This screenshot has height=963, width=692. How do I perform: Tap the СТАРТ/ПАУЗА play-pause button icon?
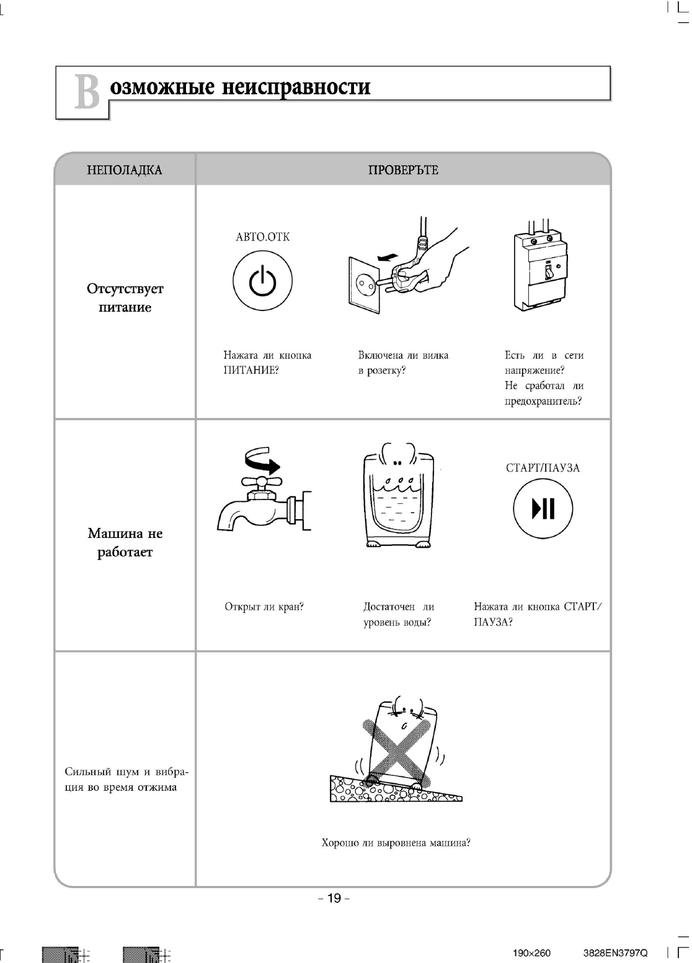click(543, 509)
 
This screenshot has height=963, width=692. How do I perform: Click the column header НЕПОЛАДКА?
click(125, 170)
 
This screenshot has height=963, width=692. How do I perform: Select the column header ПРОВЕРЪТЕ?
click(403, 170)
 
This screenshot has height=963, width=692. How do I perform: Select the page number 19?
click(334, 898)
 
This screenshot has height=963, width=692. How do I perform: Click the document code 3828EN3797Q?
click(615, 953)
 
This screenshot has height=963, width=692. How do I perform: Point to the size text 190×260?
click(531, 953)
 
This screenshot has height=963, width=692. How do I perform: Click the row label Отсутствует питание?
click(125, 298)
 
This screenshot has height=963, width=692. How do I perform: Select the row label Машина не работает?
click(125, 542)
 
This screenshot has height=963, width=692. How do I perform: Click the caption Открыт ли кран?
click(264, 607)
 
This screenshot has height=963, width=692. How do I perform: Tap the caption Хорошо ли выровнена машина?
click(396, 843)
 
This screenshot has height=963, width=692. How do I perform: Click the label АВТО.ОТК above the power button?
click(262, 237)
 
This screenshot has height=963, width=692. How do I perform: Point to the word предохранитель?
click(543, 401)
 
